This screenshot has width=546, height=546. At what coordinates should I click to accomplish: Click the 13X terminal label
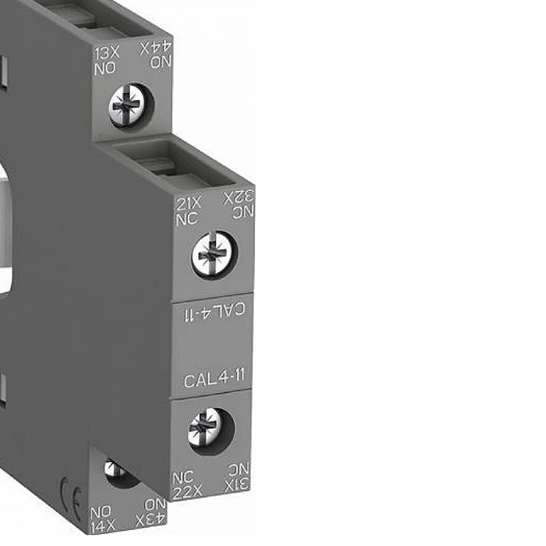pyautogui.click(x=107, y=54)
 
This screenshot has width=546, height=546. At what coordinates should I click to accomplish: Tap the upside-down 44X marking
pyautogui.click(x=156, y=49)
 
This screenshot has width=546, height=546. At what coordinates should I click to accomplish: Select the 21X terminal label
pyautogui.click(x=188, y=204)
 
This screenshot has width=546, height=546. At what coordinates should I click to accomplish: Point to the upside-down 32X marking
pyautogui.click(x=239, y=198)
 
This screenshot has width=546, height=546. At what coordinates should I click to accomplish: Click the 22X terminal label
pyautogui.click(x=187, y=492)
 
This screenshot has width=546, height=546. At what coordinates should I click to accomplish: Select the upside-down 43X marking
pyautogui.click(x=151, y=520)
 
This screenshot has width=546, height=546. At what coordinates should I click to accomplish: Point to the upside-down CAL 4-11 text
pyautogui.click(x=215, y=312)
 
